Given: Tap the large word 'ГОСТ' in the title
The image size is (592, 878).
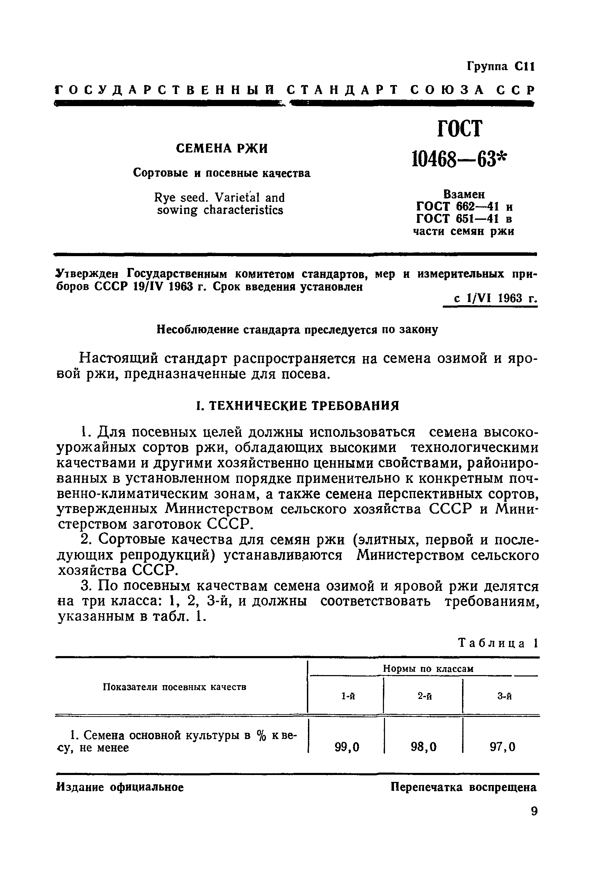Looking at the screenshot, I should point(460,129).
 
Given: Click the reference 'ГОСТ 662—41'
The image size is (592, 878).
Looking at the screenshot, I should point(458,207).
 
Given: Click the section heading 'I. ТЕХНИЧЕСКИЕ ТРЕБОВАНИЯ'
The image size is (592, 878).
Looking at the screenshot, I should point(298,406).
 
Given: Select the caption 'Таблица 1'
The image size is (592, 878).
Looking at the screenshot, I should point(498,643).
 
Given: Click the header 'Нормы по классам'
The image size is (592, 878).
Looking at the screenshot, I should point(428,669).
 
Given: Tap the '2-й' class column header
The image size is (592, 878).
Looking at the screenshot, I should point(425,696).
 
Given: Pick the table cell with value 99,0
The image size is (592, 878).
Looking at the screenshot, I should point(347,747).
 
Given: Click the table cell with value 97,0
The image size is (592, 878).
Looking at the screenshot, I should point(502,747).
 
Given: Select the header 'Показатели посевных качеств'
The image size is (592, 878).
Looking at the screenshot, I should point(175,687).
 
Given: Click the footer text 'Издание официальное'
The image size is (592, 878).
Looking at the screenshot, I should point(120,787).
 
